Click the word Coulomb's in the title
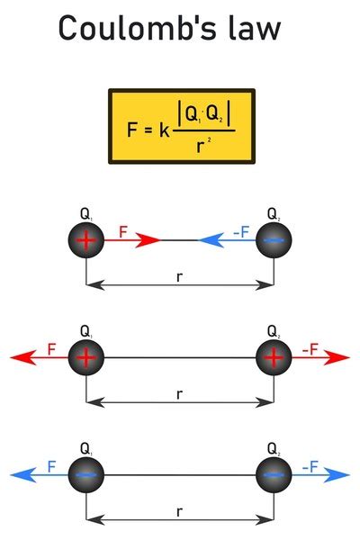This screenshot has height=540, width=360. point(130,29)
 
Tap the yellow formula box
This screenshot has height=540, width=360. point(179,125)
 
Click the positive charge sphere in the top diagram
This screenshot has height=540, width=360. point(86,240)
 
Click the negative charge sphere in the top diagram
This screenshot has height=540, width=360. point(274,240)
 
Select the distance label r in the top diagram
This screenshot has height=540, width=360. point(180,277)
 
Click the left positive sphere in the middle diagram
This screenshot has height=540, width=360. point(86,357)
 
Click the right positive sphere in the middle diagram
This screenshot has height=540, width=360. point(274,357)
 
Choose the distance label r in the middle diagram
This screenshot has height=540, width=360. point(180,394)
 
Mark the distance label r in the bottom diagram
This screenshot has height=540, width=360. point(180,511)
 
